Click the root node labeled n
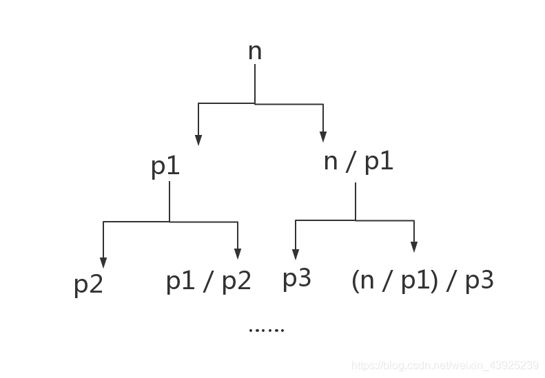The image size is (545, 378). pyautogui.click(x=255, y=52)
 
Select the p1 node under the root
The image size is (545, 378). pyautogui.click(x=165, y=167)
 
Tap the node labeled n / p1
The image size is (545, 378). pyautogui.click(x=358, y=162)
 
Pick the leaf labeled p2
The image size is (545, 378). pyautogui.click(x=88, y=284)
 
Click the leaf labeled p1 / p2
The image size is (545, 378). pyautogui.click(x=208, y=281)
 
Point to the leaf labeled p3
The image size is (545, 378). pyautogui.click(x=297, y=279)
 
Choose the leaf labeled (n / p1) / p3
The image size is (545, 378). pyautogui.click(x=422, y=281)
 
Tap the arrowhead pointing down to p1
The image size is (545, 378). pyautogui.click(x=198, y=140)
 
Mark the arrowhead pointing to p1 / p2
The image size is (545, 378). pyautogui.click(x=238, y=253)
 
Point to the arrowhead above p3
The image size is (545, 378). pyautogui.click(x=296, y=255)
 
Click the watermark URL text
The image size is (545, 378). pyautogui.click(x=444, y=365)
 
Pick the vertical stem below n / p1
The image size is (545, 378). pyautogui.click(x=356, y=201)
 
